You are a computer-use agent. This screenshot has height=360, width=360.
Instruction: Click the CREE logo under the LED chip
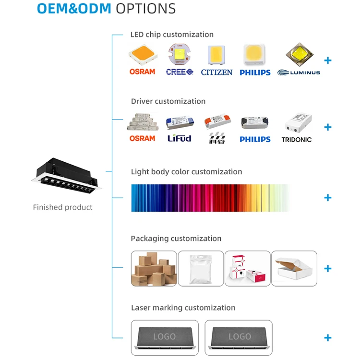click(x=180, y=72)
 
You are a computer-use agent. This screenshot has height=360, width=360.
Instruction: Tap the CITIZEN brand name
click(x=216, y=72)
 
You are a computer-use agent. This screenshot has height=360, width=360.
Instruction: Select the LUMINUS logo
click(x=299, y=72)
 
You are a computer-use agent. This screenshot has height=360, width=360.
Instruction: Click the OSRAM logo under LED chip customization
click(x=142, y=72)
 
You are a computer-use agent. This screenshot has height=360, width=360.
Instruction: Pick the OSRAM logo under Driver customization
click(x=142, y=138)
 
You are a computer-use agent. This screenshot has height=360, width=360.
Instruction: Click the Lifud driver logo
click(x=179, y=138)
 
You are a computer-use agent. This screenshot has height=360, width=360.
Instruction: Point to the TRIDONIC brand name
click(x=296, y=139)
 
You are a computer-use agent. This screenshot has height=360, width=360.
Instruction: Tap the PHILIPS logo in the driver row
click(x=255, y=139)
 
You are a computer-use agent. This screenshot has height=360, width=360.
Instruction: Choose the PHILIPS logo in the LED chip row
click(x=255, y=72)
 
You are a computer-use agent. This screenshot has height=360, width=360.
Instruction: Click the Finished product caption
click(x=62, y=207)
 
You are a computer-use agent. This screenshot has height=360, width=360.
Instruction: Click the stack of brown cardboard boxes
click(x=154, y=269)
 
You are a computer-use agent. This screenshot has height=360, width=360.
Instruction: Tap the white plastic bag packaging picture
click(x=201, y=269)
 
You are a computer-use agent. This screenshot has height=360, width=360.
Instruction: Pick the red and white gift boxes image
click(x=247, y=269)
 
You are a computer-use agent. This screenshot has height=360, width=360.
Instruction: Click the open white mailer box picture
click(x=294, y=269)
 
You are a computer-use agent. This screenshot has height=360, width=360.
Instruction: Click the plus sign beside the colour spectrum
click(x=328, y=198)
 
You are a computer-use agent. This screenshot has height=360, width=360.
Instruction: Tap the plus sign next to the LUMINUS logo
click(x=328, y=60)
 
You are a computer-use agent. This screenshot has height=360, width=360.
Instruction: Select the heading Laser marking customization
click(x=183, y=308)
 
